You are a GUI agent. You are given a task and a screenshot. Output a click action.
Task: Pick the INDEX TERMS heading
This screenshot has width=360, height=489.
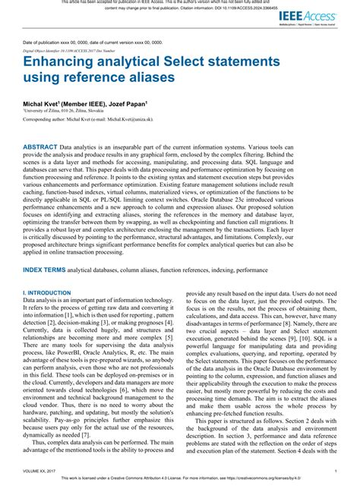coord(44,270)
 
